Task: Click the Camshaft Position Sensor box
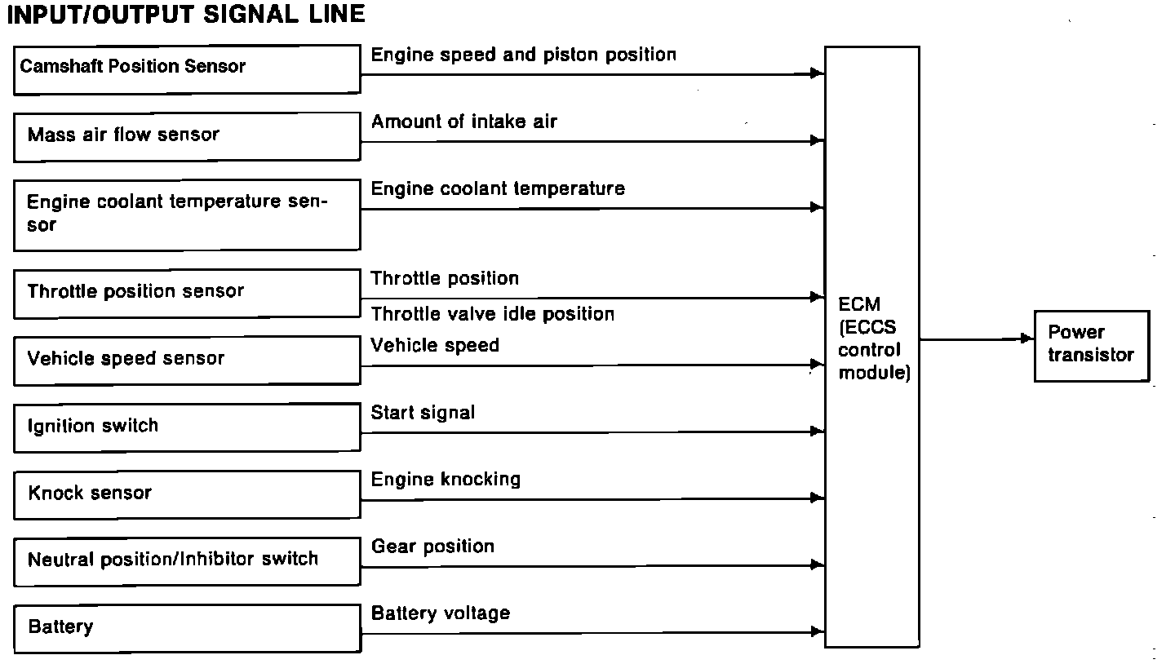click(x=187, y=69)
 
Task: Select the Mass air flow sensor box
click(x=187, y=136)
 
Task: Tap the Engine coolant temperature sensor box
click(x=187, y=215)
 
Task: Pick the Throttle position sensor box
click(x=187, y=293)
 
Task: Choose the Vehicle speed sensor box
click(x=187, y=360)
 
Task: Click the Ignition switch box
click(x=187, y=427)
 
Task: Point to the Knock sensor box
click(x=187, y=494)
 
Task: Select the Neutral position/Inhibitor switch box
click(x=187, y=560)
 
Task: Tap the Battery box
click(x=187, y=627)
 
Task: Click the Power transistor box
click(x=1091, y=345)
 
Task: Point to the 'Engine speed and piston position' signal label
click(x=523, y=55)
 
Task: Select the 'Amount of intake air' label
click(x=463, y=122)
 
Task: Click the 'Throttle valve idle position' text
click(x=492, y=314)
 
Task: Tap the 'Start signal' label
click(x=423, y=413)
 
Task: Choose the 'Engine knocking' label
click(x=446, y=480)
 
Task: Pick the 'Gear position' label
click(x=432, y=547)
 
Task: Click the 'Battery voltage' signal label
click(x=441, y=613)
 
